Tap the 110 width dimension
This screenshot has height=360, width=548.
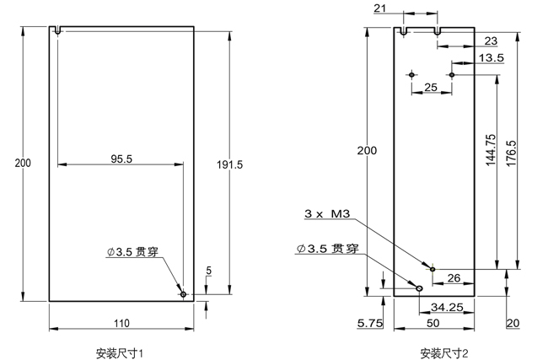tap(121, 323)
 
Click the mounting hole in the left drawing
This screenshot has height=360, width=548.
tap(183, 294)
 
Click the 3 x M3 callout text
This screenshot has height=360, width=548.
tap(329, 214)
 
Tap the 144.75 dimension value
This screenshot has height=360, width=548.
tap(492, 153)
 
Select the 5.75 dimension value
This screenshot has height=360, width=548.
tap(370, 323)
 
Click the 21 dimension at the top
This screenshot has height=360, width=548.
tap(380, 8)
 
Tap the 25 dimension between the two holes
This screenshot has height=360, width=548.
tap(431, 87)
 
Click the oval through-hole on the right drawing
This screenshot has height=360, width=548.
tap(419, 287)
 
